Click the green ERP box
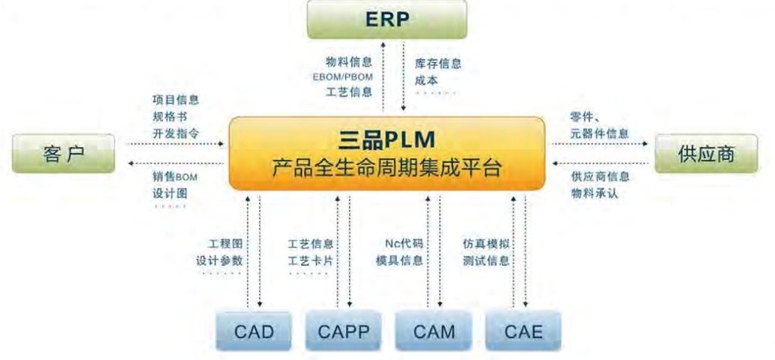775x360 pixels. (x=387, y=20)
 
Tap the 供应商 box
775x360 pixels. (x=706, y=154)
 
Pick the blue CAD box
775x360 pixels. (x=253, y=331)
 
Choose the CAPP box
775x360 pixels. (x=344, y=331)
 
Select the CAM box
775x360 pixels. (x=434, y=331)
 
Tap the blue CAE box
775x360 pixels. (x=524, y=331)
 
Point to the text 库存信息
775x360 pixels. (x=438, y=64)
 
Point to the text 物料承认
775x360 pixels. (x=595, y=193)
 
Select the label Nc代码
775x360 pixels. (x=403, y=244)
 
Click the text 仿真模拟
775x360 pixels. (x=486, y=244)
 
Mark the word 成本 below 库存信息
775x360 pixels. (x=425, y=80)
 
